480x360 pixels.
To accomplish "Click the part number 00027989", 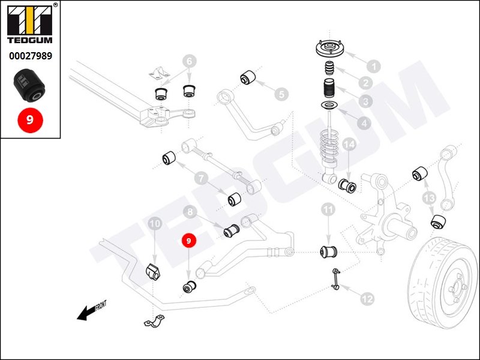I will pos(30,56).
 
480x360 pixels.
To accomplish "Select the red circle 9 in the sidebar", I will pos(30,119).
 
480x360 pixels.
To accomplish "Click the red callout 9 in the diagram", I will pos(189,241).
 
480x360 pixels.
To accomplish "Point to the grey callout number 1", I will pos(373,67).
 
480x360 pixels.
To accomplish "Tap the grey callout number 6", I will pos(189,61).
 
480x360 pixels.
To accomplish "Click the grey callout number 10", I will pos(155,224).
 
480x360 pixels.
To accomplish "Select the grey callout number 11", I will pos(327,210).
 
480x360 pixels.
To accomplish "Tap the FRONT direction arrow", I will pos(92,309).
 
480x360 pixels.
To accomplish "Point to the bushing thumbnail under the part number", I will pos(30,85).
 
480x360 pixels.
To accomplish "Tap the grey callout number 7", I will pos(200,178).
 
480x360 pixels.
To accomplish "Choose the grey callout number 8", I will pos(190,212).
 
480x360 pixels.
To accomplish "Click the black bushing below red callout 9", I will pos(189,287).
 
